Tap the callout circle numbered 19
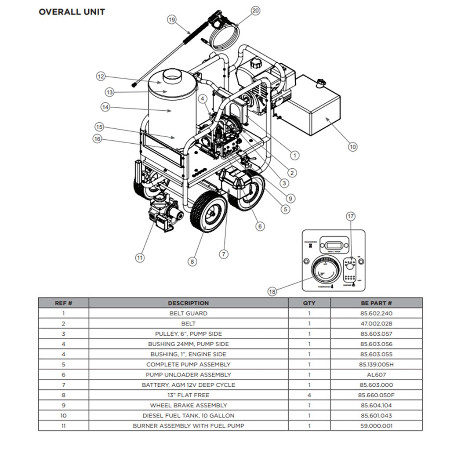click(x=172, y=19)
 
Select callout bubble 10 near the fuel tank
click(x=352, y=147)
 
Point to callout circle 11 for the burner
click(x=140, y=258)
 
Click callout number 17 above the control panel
click(x=350, y=216)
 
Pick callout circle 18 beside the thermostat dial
click(x=272, y=291)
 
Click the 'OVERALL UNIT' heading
click(x=72, y=12)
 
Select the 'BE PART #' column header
click(x=376, y=303)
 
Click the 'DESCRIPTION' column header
click(x=188, y=303)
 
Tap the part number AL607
click(x=376, y=374)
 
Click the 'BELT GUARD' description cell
click(x=188, y=313)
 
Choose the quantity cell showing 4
click(x=309, y=395)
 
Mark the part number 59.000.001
click(x=376, y=425)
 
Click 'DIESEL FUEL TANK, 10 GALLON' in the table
click(x=188, y=415)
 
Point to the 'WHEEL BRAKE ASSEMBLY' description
click(x=188, y=405)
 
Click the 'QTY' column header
click(x=309, y=303)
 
